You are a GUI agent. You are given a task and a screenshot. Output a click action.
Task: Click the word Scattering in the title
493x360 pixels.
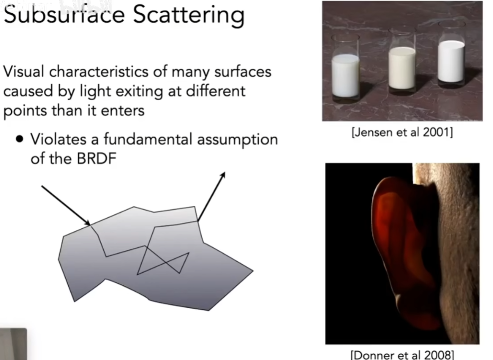click(189, 16)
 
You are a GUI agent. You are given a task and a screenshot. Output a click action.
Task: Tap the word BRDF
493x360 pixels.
click(96, 158)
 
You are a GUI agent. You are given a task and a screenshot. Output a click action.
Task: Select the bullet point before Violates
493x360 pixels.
click(20, 139)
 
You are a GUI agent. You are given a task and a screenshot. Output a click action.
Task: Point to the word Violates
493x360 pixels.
click(58, 139)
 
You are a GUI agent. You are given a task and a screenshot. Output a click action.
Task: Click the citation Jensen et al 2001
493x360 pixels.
click(402, 132)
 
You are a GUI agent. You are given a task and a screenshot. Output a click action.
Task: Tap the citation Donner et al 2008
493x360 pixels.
click(402, 355)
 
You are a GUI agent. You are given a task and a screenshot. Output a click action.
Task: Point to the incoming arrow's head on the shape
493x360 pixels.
click(89, 224)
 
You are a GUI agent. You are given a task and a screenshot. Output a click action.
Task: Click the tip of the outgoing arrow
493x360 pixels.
click(225, 172)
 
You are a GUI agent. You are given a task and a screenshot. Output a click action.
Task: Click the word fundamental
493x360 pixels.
click(148, 139)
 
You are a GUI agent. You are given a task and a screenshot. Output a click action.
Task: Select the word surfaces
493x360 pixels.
click(243, 71)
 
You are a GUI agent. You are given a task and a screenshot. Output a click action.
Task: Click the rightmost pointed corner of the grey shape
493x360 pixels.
click(253, 271)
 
